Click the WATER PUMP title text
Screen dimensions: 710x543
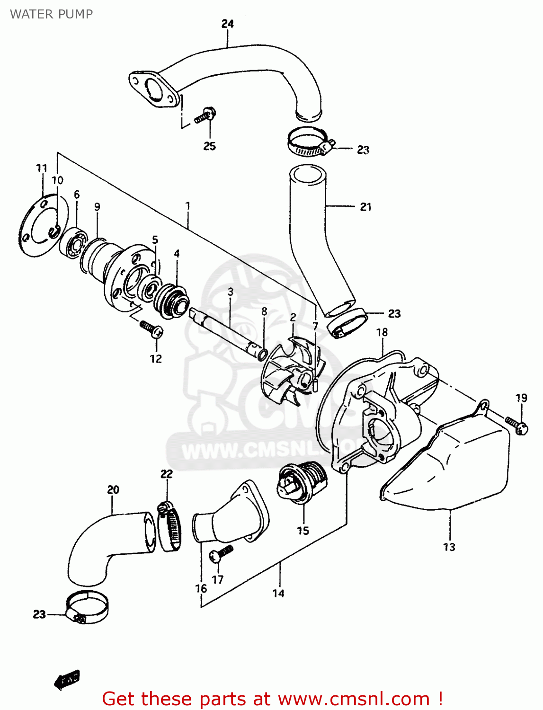pyautogui.click(x=51, y=14)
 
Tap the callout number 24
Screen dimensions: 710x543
pyautogui.click(x=228, y=24)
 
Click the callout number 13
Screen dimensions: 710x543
pyautogui.click(x=449, y=547)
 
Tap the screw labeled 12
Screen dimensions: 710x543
pyautogui.click(x=151, y=328)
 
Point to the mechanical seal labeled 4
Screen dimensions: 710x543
pyautogui.click(x=173, y=301)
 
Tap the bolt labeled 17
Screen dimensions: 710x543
pyautogui.click(x=222, y=554)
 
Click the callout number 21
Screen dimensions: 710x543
pyautogui.click(x=365, y=207)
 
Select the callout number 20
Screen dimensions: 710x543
pyautogui.click(x=113, y=489)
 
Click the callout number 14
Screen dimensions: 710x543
pyautogui.click(x=278, y=593)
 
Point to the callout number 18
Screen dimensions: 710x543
pyautogui.click(x=382, y=332)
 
